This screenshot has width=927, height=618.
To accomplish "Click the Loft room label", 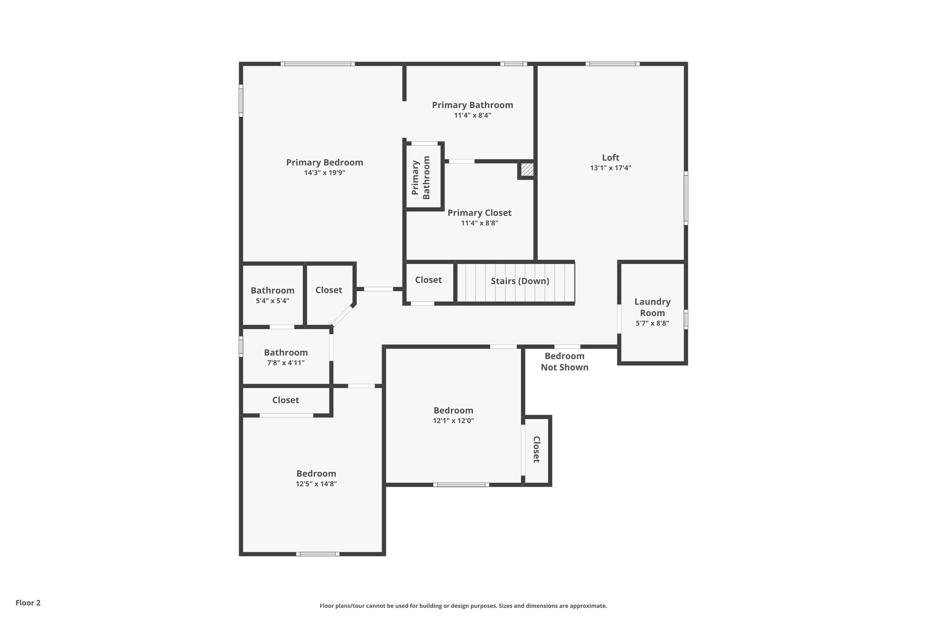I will (610, 158).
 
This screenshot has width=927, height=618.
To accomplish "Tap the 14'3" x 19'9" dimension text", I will (325, 172).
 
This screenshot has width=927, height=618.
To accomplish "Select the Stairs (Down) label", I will (520, 281).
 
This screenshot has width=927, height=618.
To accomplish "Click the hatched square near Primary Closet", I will (527, 170).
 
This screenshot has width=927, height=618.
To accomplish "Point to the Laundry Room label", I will (652, 307).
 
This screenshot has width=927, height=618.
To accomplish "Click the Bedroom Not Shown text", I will (564, 361).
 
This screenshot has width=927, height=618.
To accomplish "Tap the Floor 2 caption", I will (28, 603).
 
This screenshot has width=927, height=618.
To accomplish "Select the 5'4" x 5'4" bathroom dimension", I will (272, 301).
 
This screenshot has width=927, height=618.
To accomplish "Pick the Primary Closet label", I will (479, 213).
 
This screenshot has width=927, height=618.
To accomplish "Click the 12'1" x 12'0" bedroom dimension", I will (453, 421).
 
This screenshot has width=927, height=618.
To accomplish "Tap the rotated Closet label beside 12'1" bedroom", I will (536, 449).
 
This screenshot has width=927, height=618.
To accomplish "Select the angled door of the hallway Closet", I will (343, 316).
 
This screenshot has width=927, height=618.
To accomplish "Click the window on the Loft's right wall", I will (686, 198).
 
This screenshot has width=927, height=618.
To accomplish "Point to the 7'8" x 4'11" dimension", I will (286, 363).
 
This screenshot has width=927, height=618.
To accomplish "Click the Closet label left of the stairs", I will (428, 280).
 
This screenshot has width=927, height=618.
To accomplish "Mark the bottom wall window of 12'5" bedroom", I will (318, 554).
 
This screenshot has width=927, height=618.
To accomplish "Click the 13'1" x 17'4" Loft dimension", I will (610, 168).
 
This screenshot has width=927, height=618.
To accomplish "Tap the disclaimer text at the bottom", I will (463, 606).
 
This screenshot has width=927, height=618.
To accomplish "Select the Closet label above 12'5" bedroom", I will (286, 400).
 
